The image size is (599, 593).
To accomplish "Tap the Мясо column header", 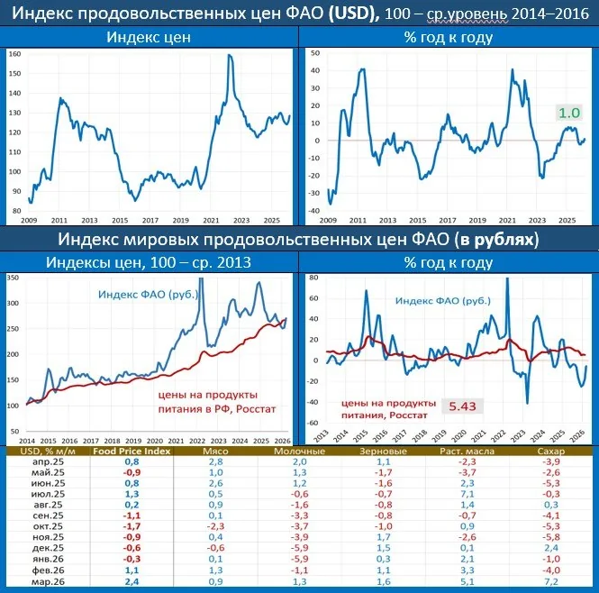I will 215,451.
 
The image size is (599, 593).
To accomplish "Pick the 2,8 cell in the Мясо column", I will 215,461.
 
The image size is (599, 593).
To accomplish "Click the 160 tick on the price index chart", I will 15,55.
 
